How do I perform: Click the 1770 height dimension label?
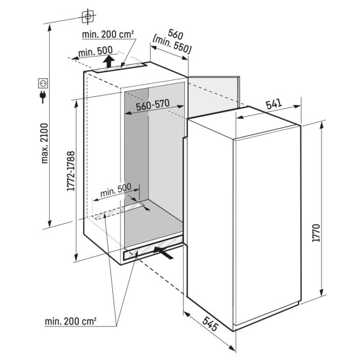pos(316,233)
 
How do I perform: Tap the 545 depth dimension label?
pos(210,323)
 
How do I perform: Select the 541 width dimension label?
pos(274,104)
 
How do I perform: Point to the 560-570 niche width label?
pos(153,105)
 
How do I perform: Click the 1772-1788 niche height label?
pos(71,171)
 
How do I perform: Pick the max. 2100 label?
pos(45,143)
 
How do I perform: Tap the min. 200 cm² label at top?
pos(108,34)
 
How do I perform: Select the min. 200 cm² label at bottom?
pos(71,321)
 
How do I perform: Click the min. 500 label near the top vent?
pos(96,52)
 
